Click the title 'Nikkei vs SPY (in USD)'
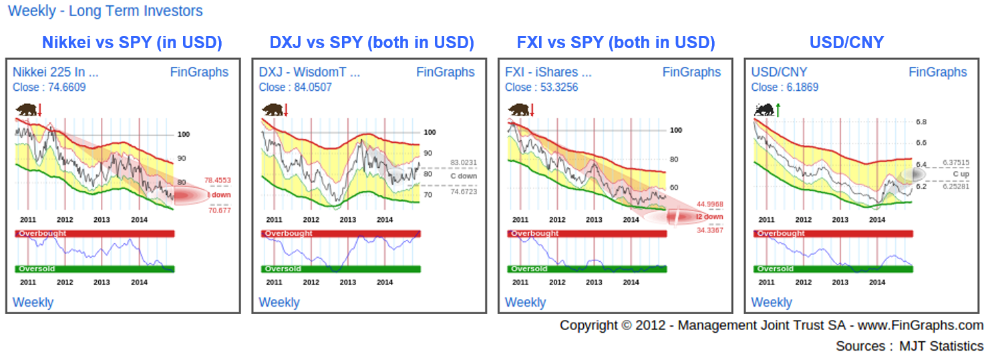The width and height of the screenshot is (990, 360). tap(132, 43)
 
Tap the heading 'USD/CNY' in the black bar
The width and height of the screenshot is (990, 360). tap(846, 43)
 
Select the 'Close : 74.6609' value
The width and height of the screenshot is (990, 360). tap(49, 87)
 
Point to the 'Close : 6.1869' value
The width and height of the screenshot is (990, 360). tap(785, 87)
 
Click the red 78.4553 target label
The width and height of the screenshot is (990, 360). tap(217, 180)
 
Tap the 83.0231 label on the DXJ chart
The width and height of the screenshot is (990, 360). tap(464, 162)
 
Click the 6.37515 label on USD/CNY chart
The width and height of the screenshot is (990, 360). tap(956, 162)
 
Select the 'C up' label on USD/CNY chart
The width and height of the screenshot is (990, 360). tap(961, 174)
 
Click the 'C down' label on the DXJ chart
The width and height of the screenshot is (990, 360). tap(464, 176)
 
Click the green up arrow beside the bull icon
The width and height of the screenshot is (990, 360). tap(778, 110)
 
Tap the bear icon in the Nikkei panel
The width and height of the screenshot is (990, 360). tap(26, 110)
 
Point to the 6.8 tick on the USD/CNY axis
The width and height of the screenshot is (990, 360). tap(921, 122)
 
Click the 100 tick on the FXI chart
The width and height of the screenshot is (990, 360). tap(675, 130)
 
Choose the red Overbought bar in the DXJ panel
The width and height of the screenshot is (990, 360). tap(341, 234)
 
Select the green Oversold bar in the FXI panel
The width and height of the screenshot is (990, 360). tap(587, 269)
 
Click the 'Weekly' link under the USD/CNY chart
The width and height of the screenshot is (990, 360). tap(771, 303)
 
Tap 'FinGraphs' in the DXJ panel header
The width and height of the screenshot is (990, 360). tap(446, 72)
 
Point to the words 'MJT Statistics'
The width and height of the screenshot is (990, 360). tap(941, 346)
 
